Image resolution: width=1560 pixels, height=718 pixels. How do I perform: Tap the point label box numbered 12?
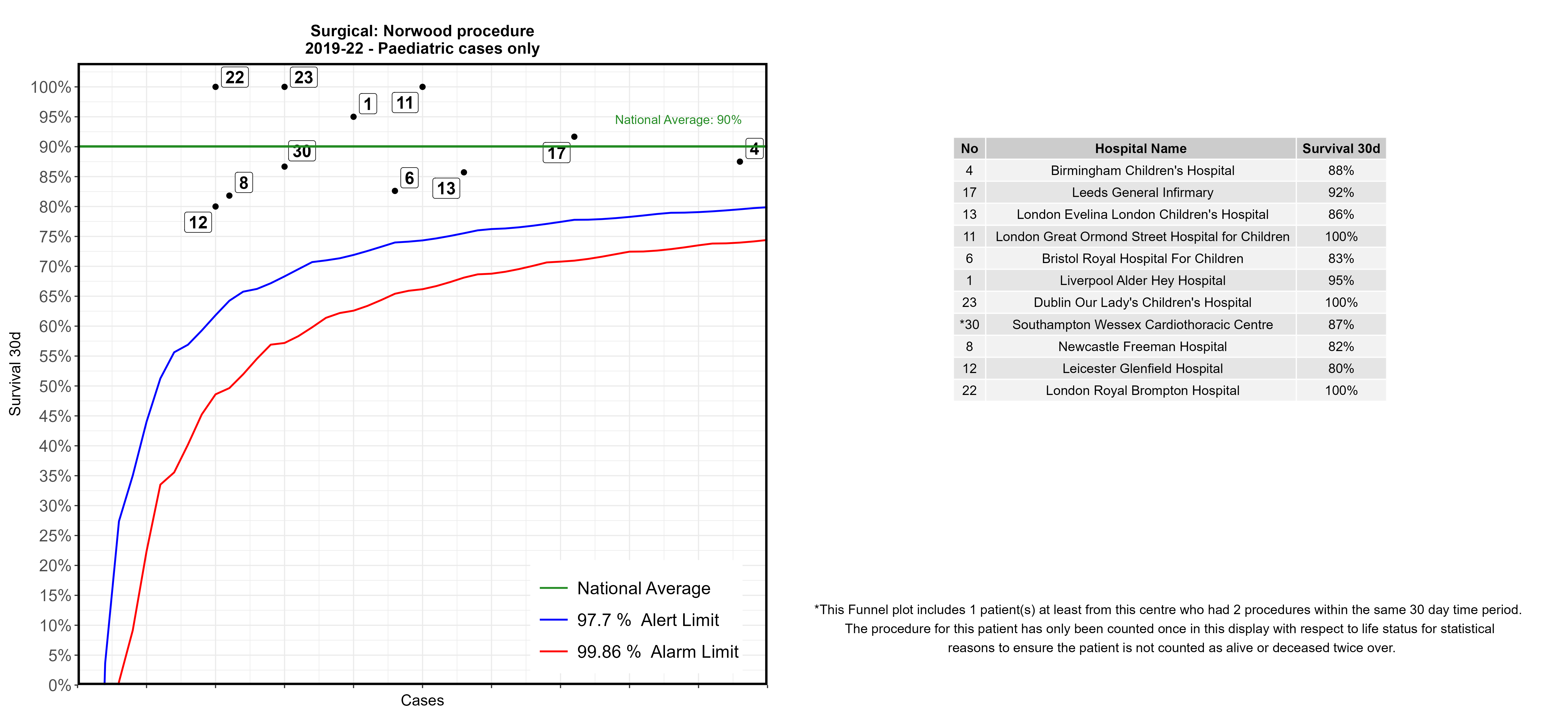pos(198,222)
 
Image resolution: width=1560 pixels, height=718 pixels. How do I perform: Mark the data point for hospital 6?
pos(395,191)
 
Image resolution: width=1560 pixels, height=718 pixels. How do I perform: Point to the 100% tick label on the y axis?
pos(51,87)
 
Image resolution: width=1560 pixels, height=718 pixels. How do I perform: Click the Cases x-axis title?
pos(422,701)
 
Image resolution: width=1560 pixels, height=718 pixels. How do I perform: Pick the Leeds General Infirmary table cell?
pos(1142,193)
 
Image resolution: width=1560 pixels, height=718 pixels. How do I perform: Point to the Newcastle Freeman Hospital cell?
pos(1142,347)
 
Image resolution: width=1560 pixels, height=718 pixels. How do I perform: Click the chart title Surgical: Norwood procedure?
pos(422,31)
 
